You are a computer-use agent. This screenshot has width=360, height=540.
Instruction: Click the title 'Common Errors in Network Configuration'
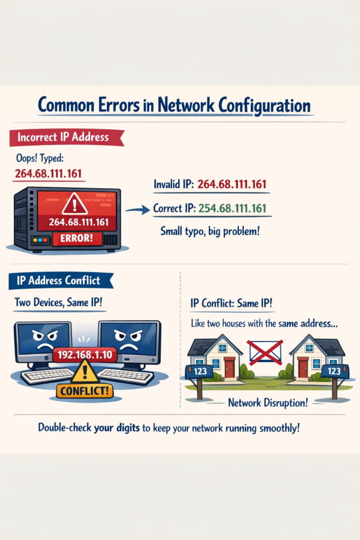174,105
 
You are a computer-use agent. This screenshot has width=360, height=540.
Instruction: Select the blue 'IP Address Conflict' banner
59,280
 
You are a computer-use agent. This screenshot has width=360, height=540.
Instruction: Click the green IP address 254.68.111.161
232,208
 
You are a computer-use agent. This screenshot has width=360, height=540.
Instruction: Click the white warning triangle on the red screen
74,203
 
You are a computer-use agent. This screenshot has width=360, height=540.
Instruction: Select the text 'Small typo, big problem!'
209,231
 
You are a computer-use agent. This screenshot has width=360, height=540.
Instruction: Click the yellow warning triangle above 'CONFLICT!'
84,372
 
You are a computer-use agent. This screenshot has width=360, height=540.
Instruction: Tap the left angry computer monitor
43,342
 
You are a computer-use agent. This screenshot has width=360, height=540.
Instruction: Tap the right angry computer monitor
129,341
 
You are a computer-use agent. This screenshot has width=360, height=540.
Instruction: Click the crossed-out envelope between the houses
265,352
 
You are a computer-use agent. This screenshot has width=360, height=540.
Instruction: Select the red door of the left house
229,368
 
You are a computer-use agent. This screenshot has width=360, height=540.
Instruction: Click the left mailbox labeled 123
200,371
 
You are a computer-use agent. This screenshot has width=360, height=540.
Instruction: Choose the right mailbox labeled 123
334,371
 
